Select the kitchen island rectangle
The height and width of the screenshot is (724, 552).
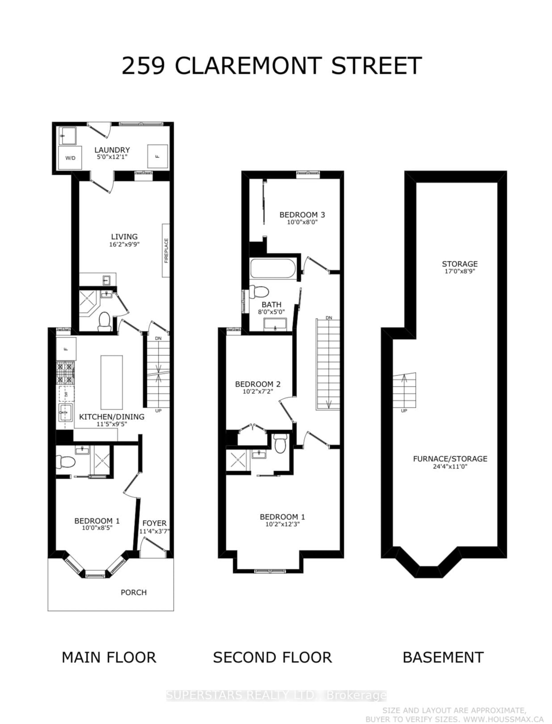(x=112, y=382)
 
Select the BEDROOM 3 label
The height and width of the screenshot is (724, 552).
(x=302, y=215)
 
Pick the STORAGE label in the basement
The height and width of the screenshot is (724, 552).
(x=460, y=264)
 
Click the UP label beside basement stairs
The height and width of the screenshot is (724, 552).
(x=404, y=411)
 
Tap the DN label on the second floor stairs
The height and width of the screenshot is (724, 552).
(x=329, y=318)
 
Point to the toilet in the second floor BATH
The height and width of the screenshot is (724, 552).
(x=259, y=291)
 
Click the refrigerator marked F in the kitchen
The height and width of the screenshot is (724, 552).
(x=66, y=349)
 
